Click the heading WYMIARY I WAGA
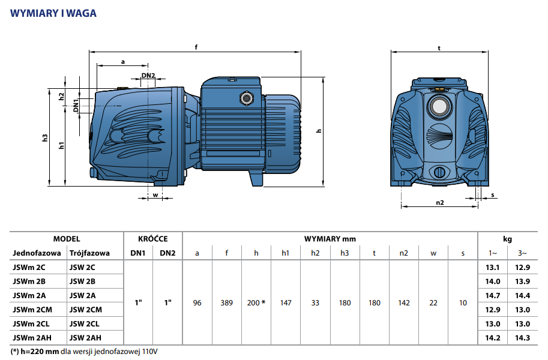click(x=53, y=13)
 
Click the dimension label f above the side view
click(x=196, y=47)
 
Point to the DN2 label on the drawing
click(x=148, y=76)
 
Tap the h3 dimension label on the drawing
click(x=45, y=138)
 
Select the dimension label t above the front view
click(x=439, y=48)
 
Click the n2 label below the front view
click(x=439, y=203)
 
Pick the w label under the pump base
click(x=155, y=195)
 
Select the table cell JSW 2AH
click(x=86, y=337)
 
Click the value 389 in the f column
click(x=226, y=303)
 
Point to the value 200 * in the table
click(x=256, y=303)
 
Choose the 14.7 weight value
click(x=493, y=295)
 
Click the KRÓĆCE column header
click(x=153, y=239)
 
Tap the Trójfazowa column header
click(x=89, y=253)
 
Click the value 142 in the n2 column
click(x=404, y=303)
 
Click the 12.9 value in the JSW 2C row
click(x=523, y=268)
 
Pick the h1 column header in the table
click(x=286, y=253)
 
